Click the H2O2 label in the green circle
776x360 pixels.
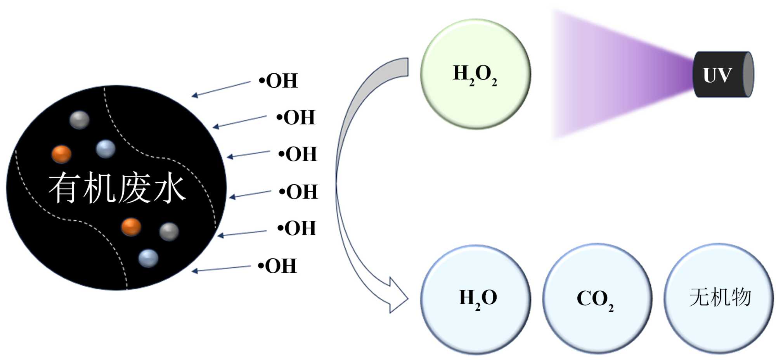click(x=475, y=74)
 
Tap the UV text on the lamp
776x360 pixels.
click(x=717, y=75)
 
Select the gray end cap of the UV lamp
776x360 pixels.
click(x=748, y=74)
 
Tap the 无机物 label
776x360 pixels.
click(x=720, y=298)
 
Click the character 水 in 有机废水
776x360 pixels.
click(x=169, y=189)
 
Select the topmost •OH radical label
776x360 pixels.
click(x=278, y=81)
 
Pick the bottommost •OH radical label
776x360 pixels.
click(x=277, y=266)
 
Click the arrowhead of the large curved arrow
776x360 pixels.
click(x=398, y=297)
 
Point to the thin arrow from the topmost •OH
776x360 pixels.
click(x=221, y=89)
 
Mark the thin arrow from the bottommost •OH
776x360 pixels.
click(x=221, y=269)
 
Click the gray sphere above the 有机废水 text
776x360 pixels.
click(x=80, y=119)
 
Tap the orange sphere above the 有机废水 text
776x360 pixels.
click(x=62, y=154)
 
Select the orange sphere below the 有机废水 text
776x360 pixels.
click(x=131, y=227)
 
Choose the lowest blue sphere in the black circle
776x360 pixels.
click(x=148, y=258)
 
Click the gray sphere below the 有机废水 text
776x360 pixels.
click(x=169, y=232)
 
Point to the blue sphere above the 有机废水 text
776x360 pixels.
click(x=106, y=149)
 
